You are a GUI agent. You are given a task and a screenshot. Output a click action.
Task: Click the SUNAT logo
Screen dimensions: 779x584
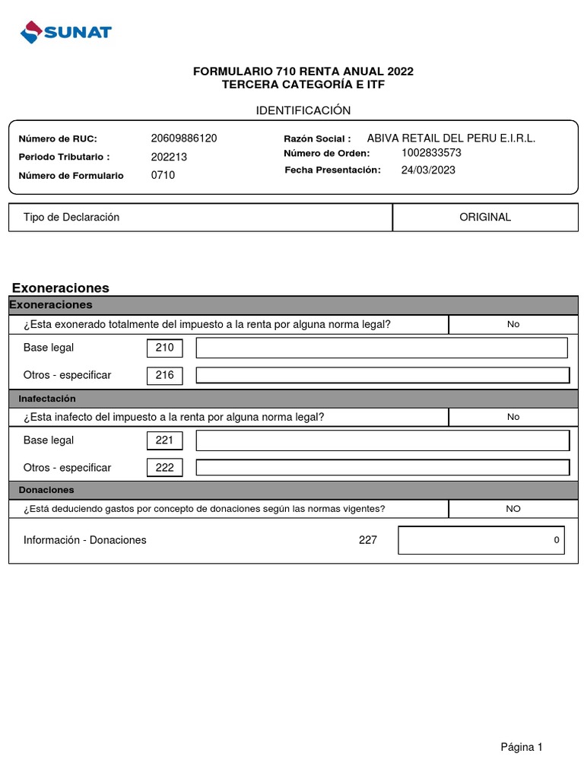[66, 33]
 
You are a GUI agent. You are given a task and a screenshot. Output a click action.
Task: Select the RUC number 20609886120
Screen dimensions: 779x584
[184, 138]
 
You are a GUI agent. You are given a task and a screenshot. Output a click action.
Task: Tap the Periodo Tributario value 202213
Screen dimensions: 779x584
[169, 157]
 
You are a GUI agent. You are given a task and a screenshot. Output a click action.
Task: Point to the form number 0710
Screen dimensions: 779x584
[163, 175]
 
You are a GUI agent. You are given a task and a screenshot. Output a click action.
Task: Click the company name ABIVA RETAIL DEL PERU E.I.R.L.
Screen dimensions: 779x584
[451, 138]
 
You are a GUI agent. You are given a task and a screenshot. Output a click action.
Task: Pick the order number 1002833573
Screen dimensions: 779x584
[431, 152]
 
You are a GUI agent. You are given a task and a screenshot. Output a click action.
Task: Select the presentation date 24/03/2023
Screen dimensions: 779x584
[428, 170]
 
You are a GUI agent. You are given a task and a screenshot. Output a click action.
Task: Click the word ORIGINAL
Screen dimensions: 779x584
[485, 217]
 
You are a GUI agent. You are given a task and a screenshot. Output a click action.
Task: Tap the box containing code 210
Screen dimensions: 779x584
[164, 348]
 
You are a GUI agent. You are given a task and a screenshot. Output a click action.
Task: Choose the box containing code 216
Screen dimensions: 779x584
[164, 375]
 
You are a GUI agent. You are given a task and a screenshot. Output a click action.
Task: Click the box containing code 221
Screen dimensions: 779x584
[164, 440]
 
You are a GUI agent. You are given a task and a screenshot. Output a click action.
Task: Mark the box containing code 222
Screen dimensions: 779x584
[164, 468]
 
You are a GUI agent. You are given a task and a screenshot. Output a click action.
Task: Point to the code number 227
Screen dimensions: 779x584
[367, 540]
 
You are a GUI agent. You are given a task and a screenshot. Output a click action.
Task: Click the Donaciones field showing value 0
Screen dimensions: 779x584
[481, 540]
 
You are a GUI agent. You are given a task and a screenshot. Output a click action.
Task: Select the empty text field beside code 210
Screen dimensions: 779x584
[382, 348]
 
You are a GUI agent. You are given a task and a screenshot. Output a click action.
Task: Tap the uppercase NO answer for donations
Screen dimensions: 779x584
[513, 509]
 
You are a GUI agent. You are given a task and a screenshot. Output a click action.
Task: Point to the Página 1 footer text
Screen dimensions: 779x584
[522, 747]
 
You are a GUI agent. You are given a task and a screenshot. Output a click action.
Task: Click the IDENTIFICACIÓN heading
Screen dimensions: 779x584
[303, 110]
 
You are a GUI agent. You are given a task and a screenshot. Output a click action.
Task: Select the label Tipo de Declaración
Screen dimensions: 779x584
[71, 217]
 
